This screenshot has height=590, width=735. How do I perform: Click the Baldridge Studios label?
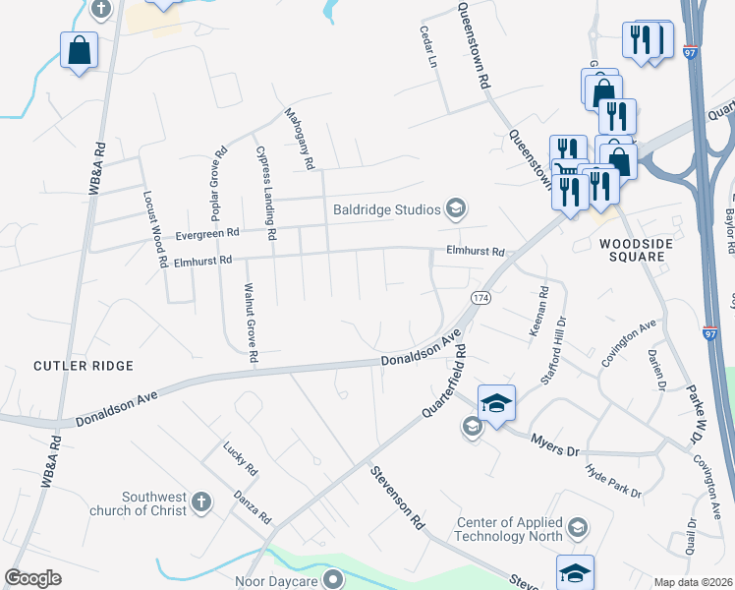pos(386,207)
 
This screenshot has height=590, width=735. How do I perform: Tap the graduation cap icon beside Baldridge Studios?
pos(455,207)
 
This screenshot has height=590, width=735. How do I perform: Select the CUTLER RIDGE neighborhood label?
pos(84,366)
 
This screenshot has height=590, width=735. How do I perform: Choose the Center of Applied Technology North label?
pos(510,529)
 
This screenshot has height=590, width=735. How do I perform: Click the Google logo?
pos(32,578)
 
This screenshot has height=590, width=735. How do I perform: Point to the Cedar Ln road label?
pos(427,45)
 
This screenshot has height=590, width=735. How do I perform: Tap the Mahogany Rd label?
pos(298,135)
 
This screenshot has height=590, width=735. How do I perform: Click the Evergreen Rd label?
pos(207,234)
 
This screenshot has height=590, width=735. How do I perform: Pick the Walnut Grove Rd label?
pos(250,324)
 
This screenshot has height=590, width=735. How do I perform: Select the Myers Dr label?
pos(556,443)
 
